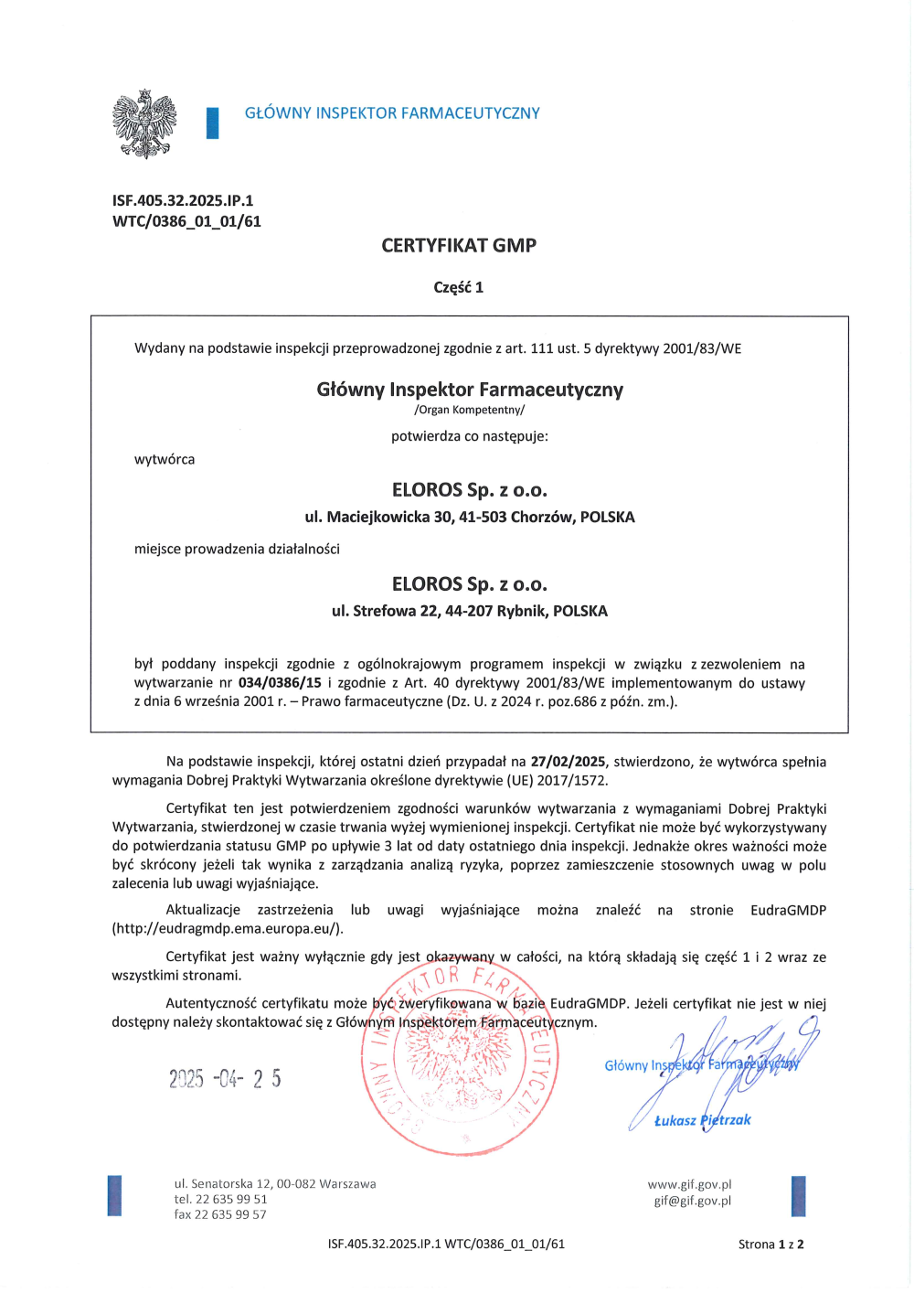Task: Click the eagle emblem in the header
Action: (144, 123)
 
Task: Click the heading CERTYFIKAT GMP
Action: (459, 245)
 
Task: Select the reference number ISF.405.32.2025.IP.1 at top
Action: (183, 200)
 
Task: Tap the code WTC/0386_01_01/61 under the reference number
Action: (186, 221)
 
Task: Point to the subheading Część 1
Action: (459, 287)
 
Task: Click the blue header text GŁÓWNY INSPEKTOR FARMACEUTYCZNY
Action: (392, 113)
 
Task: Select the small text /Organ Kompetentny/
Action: (470, 410)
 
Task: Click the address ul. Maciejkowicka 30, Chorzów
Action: (470, 517)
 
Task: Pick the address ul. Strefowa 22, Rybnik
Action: (470, 611)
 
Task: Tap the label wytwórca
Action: (165, 459)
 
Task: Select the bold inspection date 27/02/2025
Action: (568, 762)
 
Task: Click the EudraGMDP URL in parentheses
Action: (228, 928)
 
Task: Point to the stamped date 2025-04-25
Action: (225, 1079)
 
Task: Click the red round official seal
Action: (460, 1059)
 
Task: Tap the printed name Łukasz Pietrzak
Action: (702, 1120)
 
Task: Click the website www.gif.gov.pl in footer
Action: (689, 1184)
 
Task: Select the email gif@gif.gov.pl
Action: (692, 1201)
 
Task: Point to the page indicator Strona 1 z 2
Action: (771, 1244)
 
